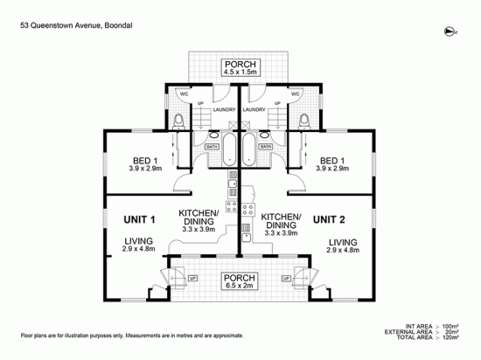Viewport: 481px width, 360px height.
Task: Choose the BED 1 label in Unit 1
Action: point(145,165)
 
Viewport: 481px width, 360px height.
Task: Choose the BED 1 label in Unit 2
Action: point(331,165)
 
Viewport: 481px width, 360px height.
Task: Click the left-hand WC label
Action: point(184,93)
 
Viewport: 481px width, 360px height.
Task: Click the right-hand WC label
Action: point(295,93)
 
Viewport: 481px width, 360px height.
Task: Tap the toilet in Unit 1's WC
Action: point(178,120)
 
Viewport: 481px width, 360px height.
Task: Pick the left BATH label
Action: point(211,147)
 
